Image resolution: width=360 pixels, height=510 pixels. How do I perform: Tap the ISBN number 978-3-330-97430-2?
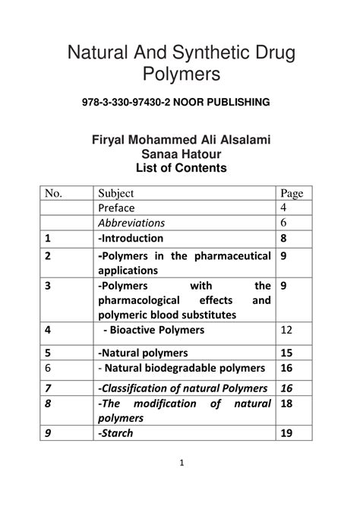pos(131,103)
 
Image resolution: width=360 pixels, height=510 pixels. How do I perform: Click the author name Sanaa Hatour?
pos(181,154)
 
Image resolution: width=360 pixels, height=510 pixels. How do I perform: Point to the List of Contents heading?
pos(181,167)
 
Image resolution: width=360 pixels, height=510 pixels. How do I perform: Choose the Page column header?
pos(292,193)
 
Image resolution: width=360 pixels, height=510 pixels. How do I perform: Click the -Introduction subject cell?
pos(131,238)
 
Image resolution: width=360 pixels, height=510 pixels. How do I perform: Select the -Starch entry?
pos(115,433)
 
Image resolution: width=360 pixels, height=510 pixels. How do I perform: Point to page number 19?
pos(286,433)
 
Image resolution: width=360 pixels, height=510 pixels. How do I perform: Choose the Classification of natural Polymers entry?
pos(182,388)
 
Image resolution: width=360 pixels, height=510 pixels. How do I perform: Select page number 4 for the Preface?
pos(283,207)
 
